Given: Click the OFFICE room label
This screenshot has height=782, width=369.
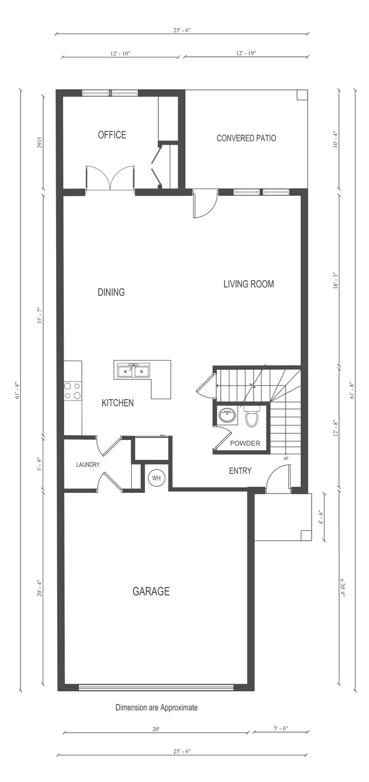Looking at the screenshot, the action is pos(112,135).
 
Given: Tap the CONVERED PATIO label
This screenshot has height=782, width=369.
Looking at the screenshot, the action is pos(246,138).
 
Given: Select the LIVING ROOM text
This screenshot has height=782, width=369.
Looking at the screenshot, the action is pos(249,284).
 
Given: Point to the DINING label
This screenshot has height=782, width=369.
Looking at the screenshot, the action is pos(111,292).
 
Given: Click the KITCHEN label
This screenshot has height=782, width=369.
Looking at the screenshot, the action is pos(118,403).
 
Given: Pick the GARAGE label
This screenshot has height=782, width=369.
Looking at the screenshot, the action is pos(151,591).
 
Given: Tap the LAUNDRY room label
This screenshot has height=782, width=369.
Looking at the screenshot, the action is pos(88,465).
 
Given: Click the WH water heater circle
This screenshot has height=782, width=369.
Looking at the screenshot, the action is pos(156,478).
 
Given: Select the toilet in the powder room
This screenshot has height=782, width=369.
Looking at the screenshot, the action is pos(251,416).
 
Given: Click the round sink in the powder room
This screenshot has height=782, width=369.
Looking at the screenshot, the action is pos(227,416).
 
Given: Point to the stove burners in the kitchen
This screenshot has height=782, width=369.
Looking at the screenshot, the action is pos(73,391).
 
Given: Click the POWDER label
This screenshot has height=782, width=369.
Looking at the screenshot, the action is pos(245,444).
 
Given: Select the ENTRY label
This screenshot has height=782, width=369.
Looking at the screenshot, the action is pos(240,471).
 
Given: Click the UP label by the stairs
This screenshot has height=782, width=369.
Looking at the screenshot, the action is pos(286,458).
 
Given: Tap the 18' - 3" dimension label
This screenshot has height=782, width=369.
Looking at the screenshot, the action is pos(336,281).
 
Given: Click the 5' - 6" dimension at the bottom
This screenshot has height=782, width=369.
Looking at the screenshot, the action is pos(280,729).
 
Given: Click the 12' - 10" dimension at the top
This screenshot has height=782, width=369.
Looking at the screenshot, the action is pos(120,54).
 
